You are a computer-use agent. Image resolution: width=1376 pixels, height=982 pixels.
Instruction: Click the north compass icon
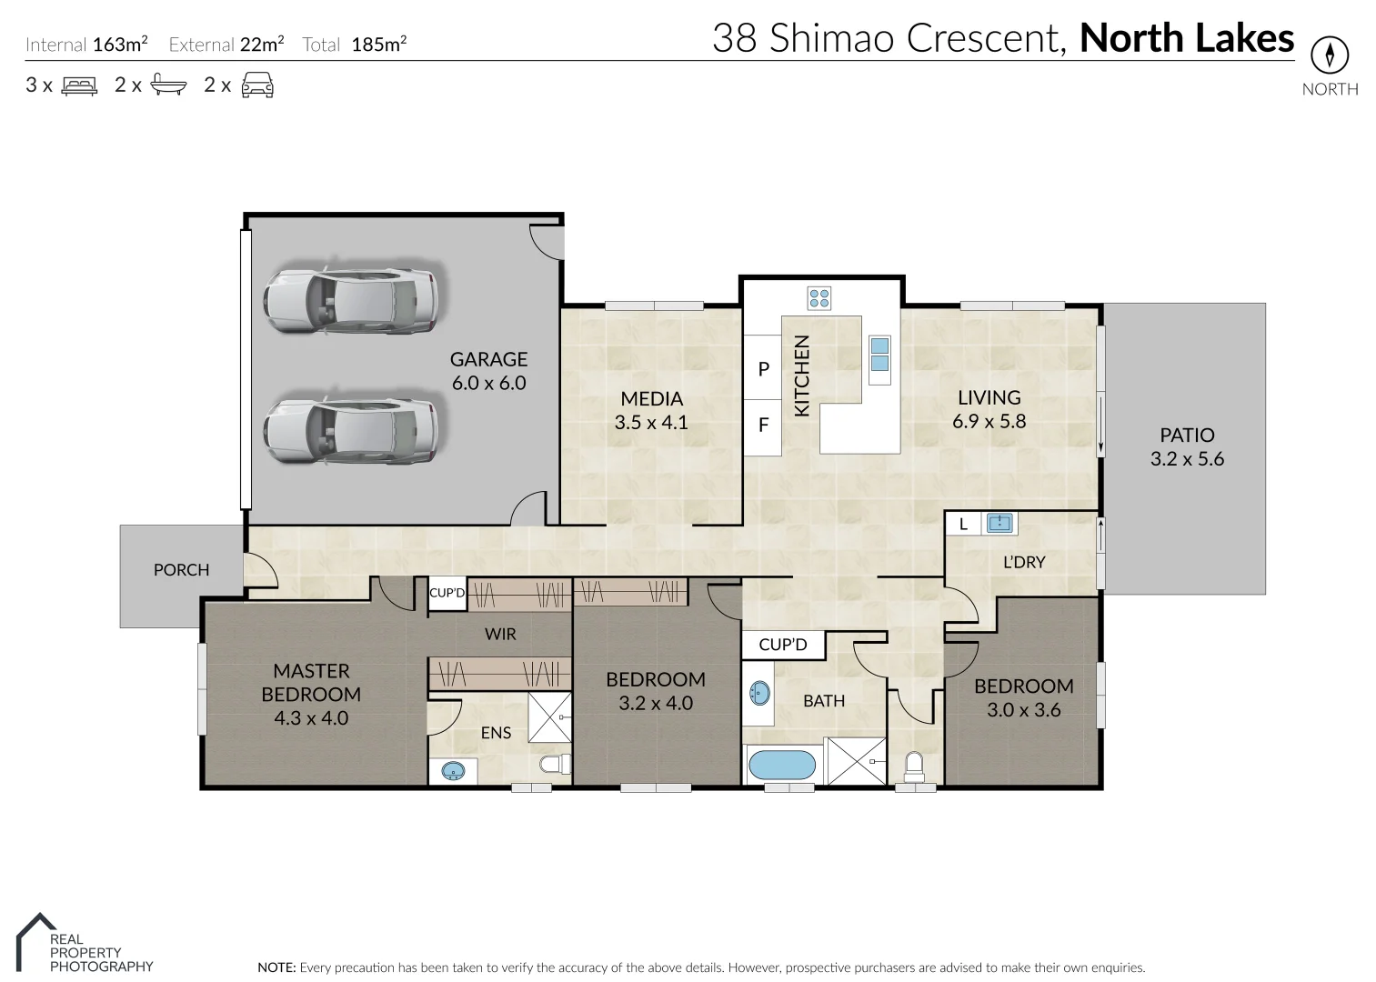(1329, 56)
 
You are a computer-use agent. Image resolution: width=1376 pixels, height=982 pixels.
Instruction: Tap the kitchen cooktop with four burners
(819, 297)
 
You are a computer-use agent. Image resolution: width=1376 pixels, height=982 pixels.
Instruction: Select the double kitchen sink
(879, 355)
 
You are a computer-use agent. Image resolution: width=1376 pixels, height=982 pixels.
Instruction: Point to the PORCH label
(181, 570)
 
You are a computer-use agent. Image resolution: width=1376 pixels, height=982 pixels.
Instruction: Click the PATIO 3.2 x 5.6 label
(1187, 446)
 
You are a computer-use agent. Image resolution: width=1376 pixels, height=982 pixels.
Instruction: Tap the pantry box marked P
(763, 368)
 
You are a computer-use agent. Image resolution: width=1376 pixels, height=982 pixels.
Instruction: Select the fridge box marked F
(763, 425)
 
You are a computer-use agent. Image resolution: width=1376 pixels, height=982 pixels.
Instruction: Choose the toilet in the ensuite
(554, 763)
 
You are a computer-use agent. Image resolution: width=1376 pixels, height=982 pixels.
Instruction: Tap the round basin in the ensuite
(453, 772)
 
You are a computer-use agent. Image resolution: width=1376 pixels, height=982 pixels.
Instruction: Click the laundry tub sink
(999, 523)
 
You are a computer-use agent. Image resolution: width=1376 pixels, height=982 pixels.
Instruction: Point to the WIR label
(500, 634)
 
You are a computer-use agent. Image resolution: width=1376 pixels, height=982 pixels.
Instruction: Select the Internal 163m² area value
(120, 44)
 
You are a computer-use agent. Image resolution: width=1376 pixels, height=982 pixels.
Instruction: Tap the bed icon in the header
(79, 85)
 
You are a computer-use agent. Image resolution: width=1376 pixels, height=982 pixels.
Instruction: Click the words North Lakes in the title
(1186, 38)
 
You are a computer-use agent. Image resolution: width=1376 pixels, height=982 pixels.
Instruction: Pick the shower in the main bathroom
(856, 760)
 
